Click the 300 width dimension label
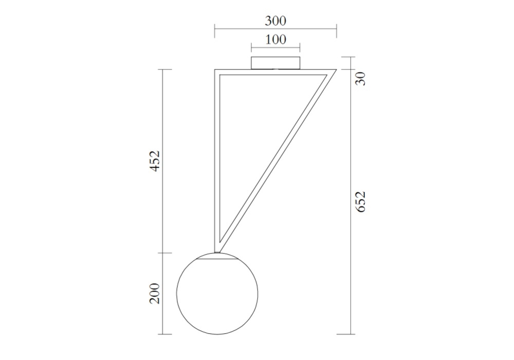[276, 21]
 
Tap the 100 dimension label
[276, 40]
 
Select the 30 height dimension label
[360, 79]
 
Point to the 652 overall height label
[360, 202]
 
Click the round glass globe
[217, 294]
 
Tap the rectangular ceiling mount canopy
[276, 63]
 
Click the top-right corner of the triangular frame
[336, 69]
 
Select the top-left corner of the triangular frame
[215, 69]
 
